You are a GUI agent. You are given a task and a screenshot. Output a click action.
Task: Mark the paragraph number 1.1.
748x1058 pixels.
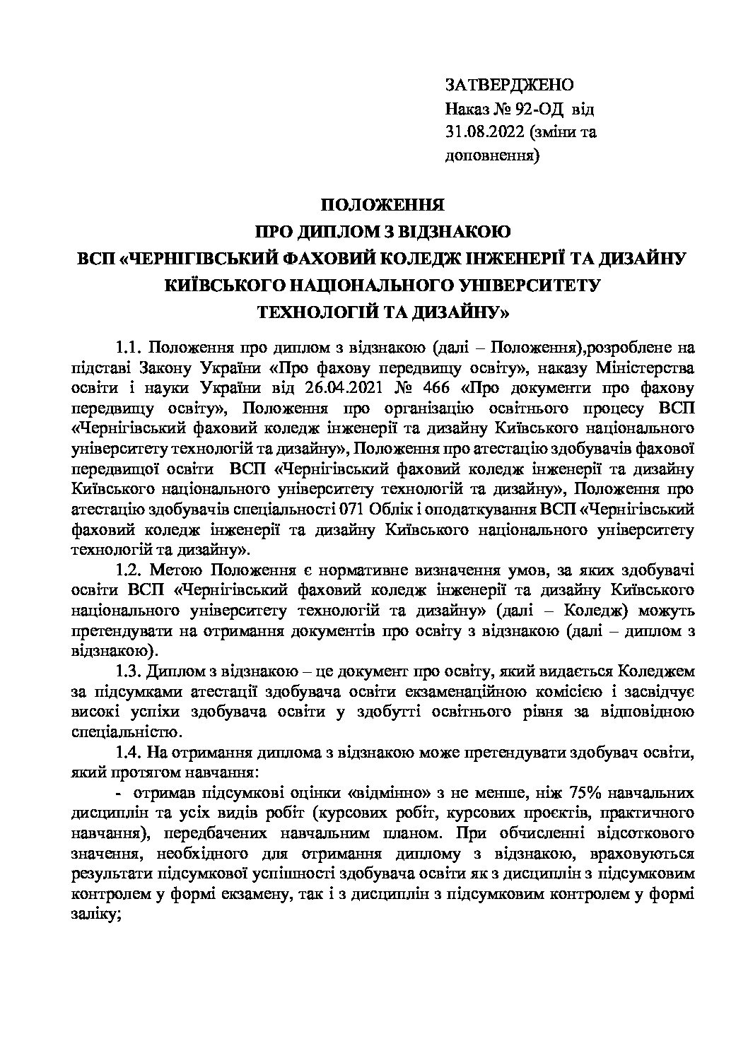tap(130, 348)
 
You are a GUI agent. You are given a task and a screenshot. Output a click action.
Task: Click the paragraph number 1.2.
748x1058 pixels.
tap(130, 570)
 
